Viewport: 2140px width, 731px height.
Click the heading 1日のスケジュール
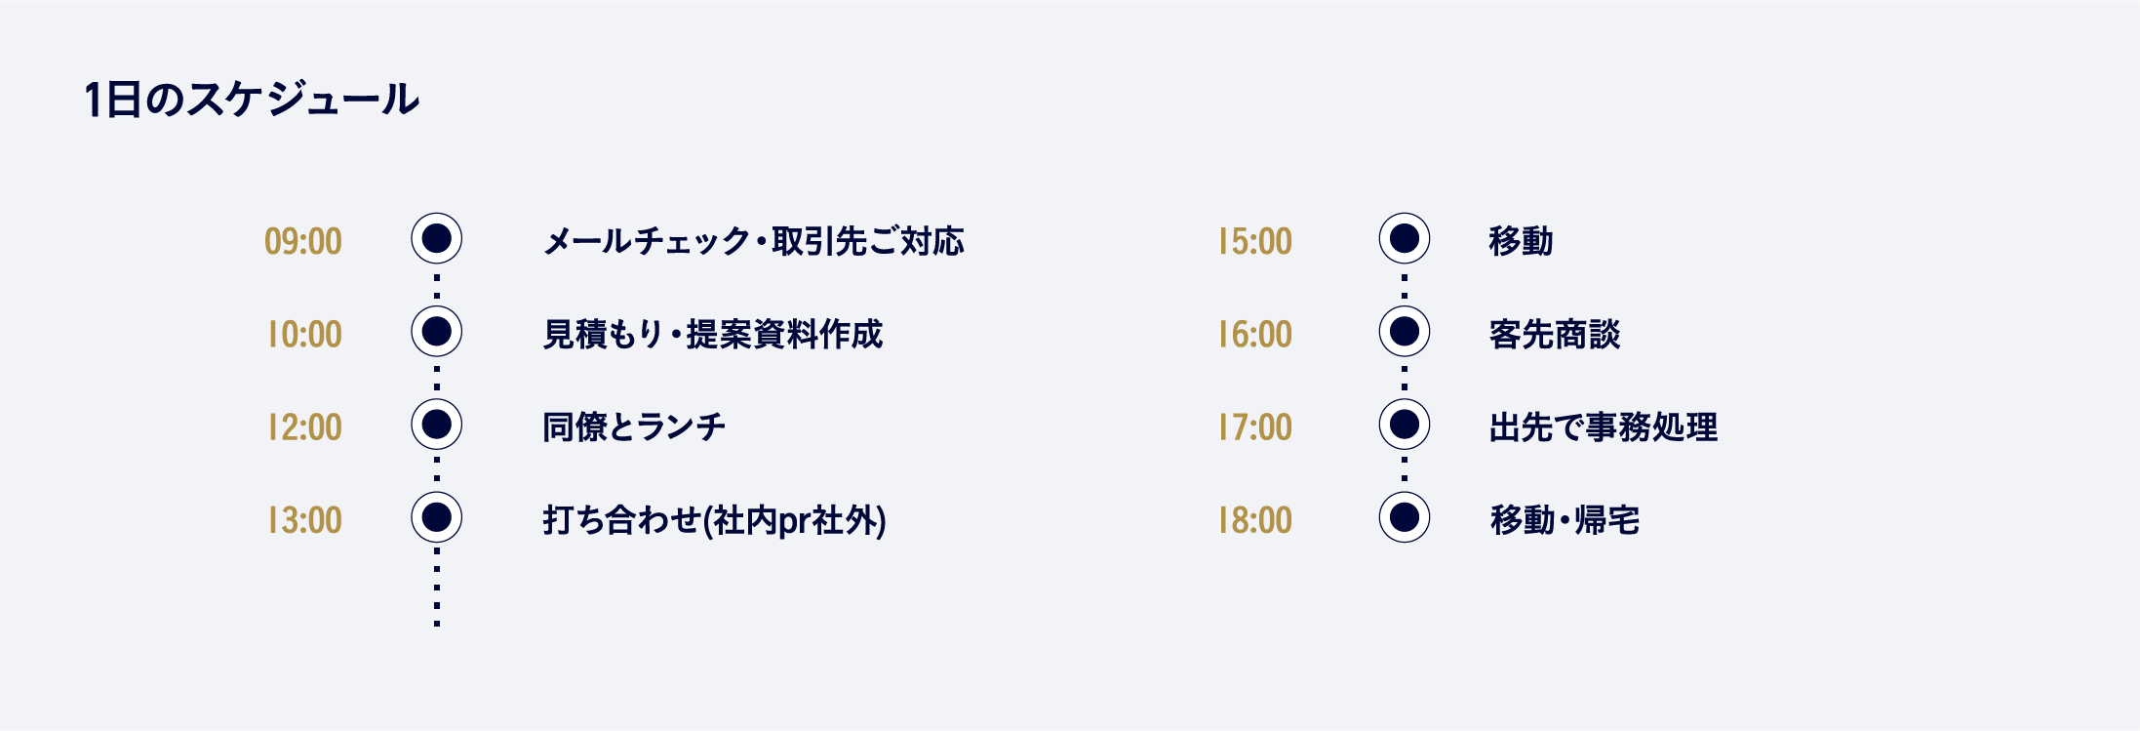click(x=252, y=100)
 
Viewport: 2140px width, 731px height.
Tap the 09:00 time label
click(x=303, y=241)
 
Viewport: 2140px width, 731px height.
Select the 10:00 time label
click(x=305, y=334)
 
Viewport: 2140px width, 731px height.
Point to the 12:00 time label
click(x=305, y=426)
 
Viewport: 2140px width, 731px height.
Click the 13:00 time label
click(x=305, y=520)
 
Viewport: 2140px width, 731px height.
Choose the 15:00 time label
click(x=1255, y=241)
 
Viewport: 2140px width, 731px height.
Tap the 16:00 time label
click(x=1255, y=334)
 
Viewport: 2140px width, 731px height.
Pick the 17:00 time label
click(x=1255, y=426)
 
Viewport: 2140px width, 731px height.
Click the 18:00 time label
click(x=1255, y=520)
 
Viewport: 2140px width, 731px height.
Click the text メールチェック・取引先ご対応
click(x=754, y=241)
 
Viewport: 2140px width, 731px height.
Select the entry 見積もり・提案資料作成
click(x=713, y=334)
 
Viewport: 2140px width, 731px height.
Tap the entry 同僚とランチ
click(x=634, y=426)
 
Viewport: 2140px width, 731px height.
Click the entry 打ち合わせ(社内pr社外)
click(x=715, y=520)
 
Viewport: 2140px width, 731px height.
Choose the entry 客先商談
click(x=1555, y=334)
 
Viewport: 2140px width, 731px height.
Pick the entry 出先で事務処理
click(x=1604, y=426)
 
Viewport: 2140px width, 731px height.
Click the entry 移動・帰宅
click(x=1565, y=520)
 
